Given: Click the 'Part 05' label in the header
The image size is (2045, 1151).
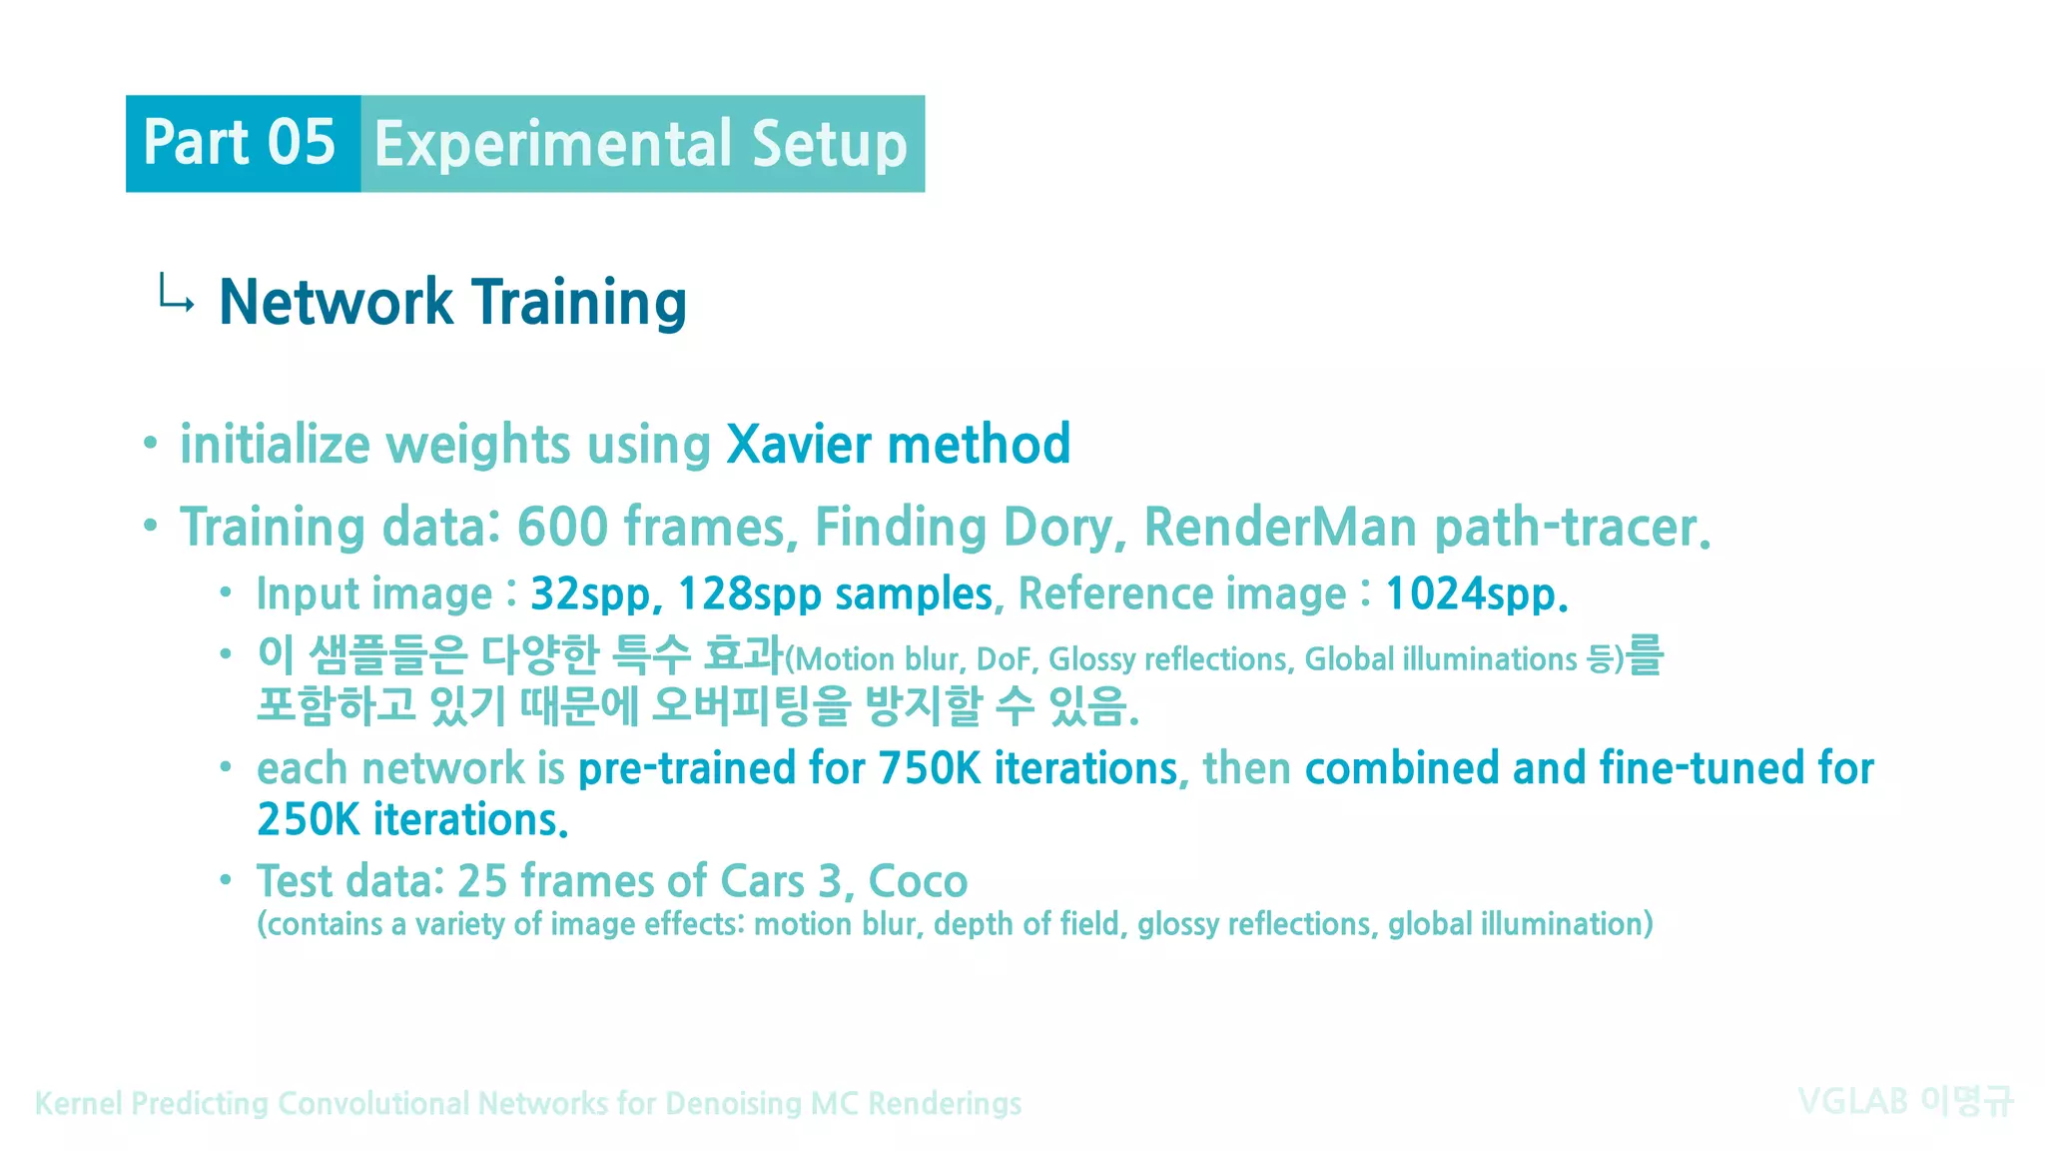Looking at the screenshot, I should [240, 143].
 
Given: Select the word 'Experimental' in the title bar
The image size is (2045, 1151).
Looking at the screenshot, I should [553, 145].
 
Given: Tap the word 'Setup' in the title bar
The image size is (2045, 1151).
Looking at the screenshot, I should [829, 145].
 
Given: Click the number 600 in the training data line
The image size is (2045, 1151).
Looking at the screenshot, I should [562, 527].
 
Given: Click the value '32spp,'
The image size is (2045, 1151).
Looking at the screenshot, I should [596, 594].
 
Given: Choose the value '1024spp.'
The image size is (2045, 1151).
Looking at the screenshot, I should [1476, 594].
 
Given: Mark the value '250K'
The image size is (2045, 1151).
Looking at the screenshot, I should [308, 820].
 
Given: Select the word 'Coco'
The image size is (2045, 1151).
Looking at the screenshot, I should [918, 882].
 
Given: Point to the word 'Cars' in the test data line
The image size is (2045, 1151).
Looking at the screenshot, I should [763, 882].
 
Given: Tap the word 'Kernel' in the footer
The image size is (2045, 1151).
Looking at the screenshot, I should [79, 1104].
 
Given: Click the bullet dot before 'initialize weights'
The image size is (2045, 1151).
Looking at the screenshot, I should [150, 443].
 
